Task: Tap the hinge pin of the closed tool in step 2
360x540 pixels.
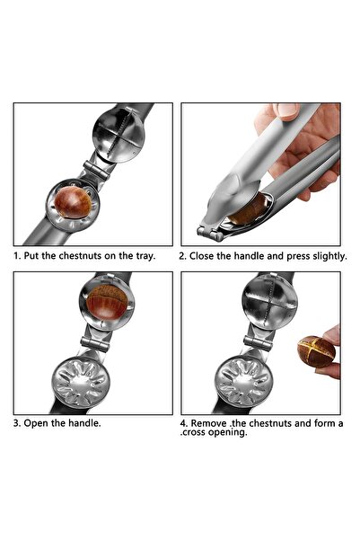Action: click(210, 235)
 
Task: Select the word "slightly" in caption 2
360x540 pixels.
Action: click(326, 256)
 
